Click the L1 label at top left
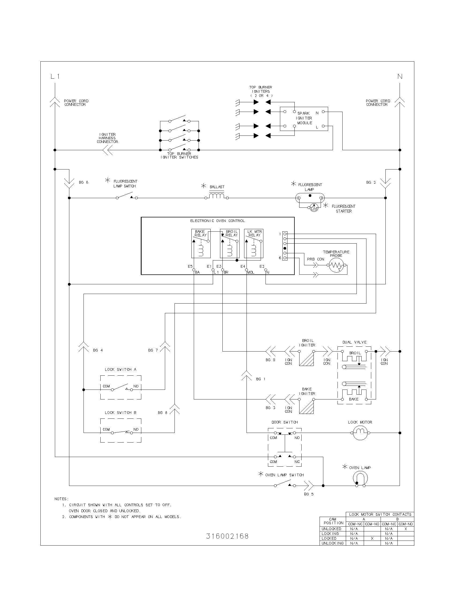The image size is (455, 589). point(55,77)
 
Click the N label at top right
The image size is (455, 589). point(400,77)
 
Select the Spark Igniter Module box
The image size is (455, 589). point(304,119)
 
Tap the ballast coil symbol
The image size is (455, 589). point(217,195)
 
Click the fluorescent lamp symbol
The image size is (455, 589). point(309,198)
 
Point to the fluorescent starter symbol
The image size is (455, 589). point(314,207)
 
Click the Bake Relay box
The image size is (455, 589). point(201,244)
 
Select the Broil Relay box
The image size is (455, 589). point(230,244)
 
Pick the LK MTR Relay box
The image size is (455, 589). point(254,244)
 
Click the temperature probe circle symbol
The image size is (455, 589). point(336,265)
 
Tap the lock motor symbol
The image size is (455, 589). point(360,433)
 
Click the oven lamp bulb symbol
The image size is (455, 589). point(360,478)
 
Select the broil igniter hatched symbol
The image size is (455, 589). point(306,359)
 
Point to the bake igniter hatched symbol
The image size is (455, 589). point(306,407)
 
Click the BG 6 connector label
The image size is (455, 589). point(84,183)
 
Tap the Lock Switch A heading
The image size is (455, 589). point(120,369)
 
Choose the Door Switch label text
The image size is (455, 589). point(285,422)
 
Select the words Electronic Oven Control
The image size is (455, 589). point(218,221)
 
